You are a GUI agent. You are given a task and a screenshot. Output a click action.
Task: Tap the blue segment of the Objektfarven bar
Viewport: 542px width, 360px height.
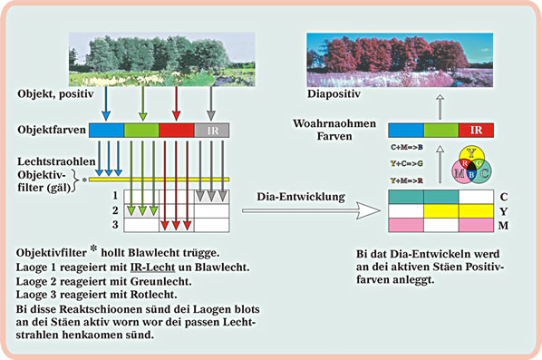click(x=107, y=131)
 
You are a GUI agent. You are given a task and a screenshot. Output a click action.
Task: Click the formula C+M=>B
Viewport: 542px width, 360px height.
click(x=405, y=146)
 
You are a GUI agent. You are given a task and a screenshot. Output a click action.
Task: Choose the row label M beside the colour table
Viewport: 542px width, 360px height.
click(x=503, y=225)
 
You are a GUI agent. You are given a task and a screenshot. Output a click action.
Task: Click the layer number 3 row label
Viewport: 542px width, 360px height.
click(x=115, y=224)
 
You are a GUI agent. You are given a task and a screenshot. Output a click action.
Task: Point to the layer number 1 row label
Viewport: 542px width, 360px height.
click(x=115, y=195)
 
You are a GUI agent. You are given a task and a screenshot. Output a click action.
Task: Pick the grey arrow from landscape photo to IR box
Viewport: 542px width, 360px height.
click(x=211, y=101)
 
